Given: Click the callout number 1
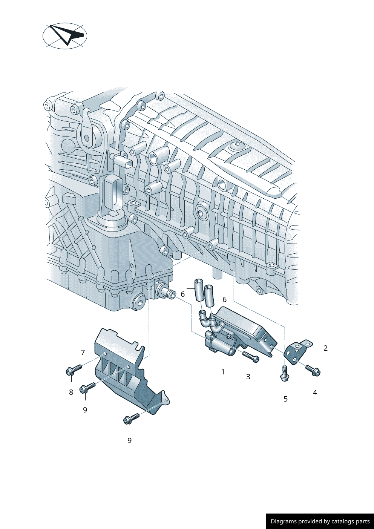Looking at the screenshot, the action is [x=223, y=372].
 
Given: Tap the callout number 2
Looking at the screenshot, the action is [x=325, y=348].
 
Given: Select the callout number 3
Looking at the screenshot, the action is [x=248, y=377].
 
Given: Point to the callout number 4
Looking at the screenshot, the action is [x=315, y=393].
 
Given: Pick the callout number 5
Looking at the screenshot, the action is [x=286, y=399].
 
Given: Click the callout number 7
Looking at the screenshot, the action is [x=83, y=353].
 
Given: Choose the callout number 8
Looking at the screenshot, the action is [x=71, y=392].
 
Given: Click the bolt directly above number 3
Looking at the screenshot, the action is [x=250, y=356].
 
